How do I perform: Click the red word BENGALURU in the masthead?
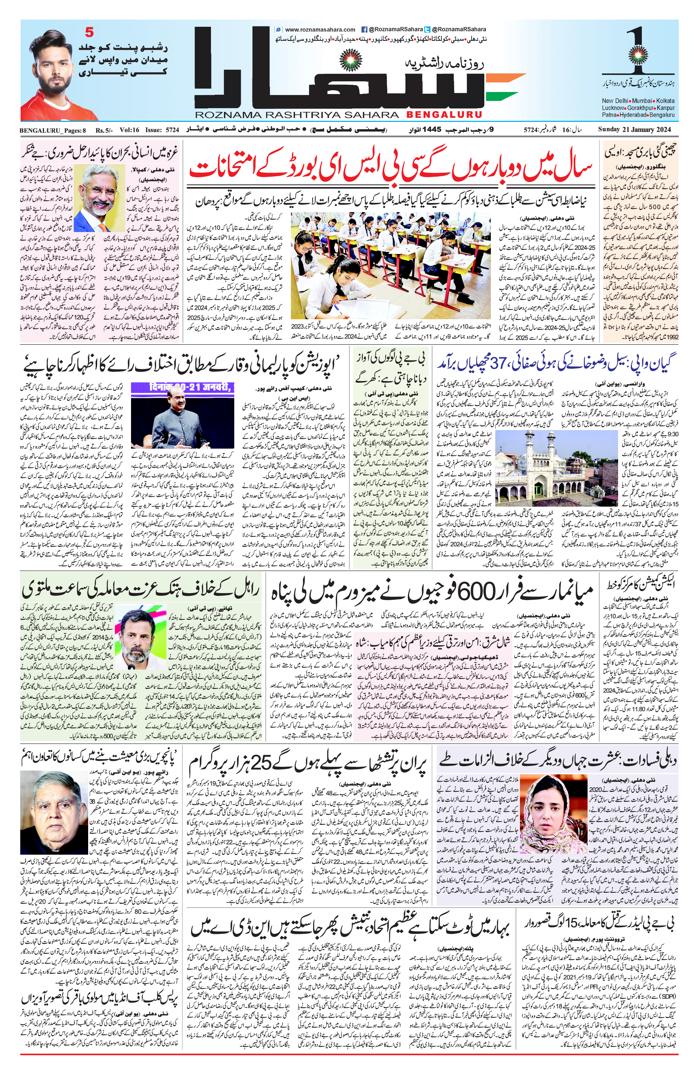click(444, 115)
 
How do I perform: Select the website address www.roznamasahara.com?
click(320, 29)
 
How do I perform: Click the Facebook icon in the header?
click(364, 29)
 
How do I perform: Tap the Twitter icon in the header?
click(427, 29)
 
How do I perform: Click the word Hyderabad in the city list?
click(634, 115)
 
